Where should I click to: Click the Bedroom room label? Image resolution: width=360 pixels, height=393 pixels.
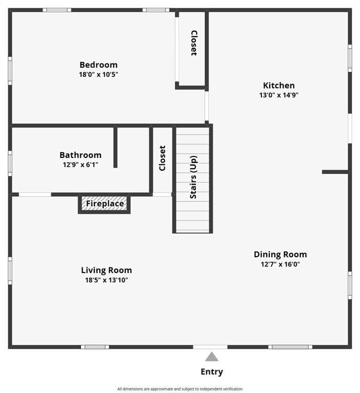tap(98, 65)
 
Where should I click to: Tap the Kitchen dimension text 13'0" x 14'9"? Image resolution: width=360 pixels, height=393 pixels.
tap(278, 95)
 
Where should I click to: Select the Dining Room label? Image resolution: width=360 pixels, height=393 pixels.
tap(280, 254)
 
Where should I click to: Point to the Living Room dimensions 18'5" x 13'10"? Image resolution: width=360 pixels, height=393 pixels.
tap(107, 280)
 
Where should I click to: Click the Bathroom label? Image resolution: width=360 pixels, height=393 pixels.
tap(81, 155)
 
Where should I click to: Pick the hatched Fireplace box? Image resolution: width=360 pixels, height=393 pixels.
tap(105, 204)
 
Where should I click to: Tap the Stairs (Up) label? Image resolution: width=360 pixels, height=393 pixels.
tap(193, 177)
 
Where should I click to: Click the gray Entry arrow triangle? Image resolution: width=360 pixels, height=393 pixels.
tap(212, 357)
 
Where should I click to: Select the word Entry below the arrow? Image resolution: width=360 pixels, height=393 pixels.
tap(212, 371)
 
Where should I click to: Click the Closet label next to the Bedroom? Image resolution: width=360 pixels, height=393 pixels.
tap(194, 43)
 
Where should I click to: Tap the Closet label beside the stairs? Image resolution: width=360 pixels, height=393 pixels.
tap(163, 158)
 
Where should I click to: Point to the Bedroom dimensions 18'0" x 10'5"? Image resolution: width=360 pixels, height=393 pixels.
tap(98, 74)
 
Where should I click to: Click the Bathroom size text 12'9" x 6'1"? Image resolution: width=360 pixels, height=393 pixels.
tap(81, 164)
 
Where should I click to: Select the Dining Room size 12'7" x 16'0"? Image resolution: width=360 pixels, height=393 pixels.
tap(280, 264)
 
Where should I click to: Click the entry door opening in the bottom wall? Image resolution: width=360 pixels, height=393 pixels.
tap(210, 347)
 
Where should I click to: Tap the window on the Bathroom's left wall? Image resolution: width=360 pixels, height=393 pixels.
tap(10, 163)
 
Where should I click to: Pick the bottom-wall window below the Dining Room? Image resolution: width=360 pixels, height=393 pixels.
tap(290, 347)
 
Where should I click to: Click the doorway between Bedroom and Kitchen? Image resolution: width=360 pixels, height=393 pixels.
tap(207, 106)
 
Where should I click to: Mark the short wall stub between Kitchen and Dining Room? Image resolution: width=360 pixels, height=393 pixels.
tap(335, 172)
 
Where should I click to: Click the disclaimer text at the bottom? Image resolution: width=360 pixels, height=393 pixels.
tap(180, 389)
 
